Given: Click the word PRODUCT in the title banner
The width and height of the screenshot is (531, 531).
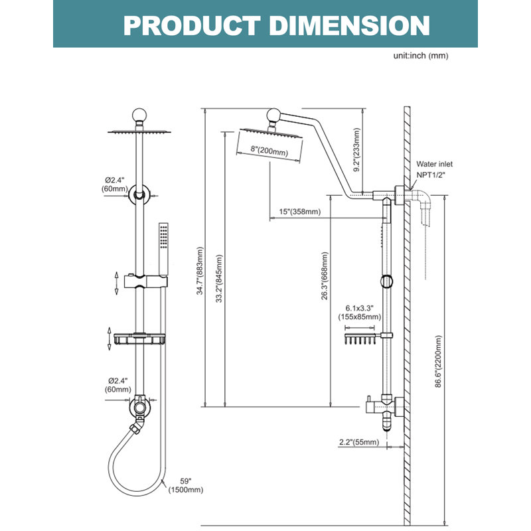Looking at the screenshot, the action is pyautogui.click(x=192, y=26).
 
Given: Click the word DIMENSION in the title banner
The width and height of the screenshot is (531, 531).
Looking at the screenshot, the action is pyautogui.click(x=350, y=26).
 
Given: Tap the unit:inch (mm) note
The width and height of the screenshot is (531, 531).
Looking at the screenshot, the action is pyautogui.click(x=421, y=56).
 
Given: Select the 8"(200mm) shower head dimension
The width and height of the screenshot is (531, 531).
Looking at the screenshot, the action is pyautogui.click(x=269, y=151).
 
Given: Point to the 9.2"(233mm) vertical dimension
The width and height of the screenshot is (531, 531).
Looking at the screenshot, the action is pyautogui.click(x=356, y=150).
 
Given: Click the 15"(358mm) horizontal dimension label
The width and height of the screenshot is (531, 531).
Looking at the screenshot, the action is pyautogui.click(x=300, y=212).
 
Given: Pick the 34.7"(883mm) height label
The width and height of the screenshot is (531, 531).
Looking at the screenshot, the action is pyautogui.click(x=200, y=271).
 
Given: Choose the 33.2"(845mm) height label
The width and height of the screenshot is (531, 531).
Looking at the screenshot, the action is pyautogui.click(x=219, y=278).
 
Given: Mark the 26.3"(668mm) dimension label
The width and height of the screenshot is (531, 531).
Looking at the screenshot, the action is pyautogui.click(x=325, y=275).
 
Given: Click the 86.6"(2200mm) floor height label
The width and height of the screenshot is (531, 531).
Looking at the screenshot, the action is pyautogui.click(x=438, y=361).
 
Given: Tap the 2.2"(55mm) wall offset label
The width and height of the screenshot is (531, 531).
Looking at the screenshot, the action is pyautogui.click(x=359, y=442).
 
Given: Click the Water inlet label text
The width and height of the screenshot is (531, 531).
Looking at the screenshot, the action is pyautogui.click(x=434, y=164).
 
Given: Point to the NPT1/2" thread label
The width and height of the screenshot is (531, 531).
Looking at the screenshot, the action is pyautogui.click(x=430, y=175).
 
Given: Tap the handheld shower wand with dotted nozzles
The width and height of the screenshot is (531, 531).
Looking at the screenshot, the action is pyautogui.click(x=163, y=249).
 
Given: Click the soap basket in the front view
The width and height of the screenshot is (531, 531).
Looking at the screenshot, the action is pyautogui.click(x=139, y=339).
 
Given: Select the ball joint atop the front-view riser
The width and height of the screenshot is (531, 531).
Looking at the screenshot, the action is pyautogui.click(x=139, y=115).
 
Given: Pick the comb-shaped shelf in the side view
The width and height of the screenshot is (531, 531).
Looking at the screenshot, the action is pyautogui.click(x=360, y=339).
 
